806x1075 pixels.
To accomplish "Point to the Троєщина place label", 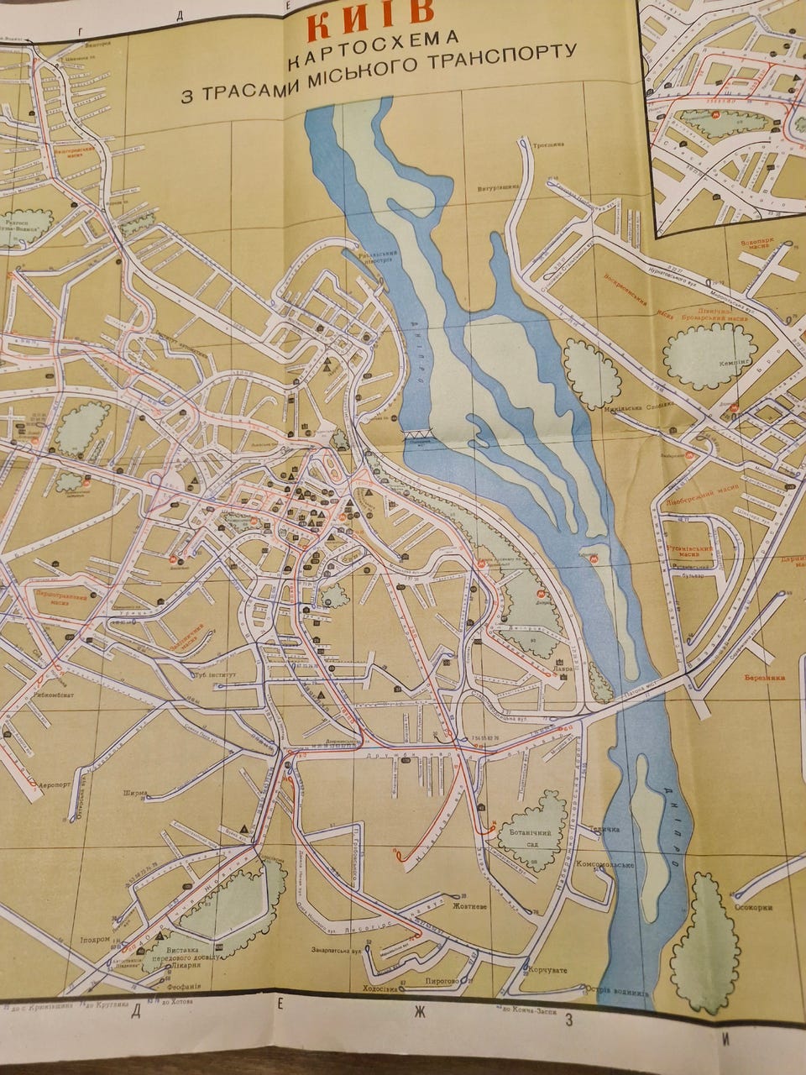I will click(547, 144).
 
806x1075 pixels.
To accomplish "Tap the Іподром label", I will click(95, 939).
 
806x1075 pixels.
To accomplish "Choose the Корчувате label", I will click(547, 970).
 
